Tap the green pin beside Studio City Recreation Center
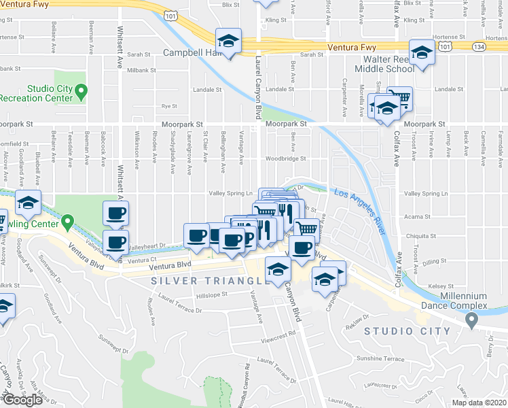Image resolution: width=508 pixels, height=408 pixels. tap(81, 90)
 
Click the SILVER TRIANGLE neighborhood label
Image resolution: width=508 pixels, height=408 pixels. tap(206, 280)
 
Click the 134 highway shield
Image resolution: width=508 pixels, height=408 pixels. tap(479, 46)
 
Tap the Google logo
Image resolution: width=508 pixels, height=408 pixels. tap(22, 400)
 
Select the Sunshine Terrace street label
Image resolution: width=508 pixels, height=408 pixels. tap(380, 358)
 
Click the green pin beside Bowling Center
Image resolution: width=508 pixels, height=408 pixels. tap(67, 222)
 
